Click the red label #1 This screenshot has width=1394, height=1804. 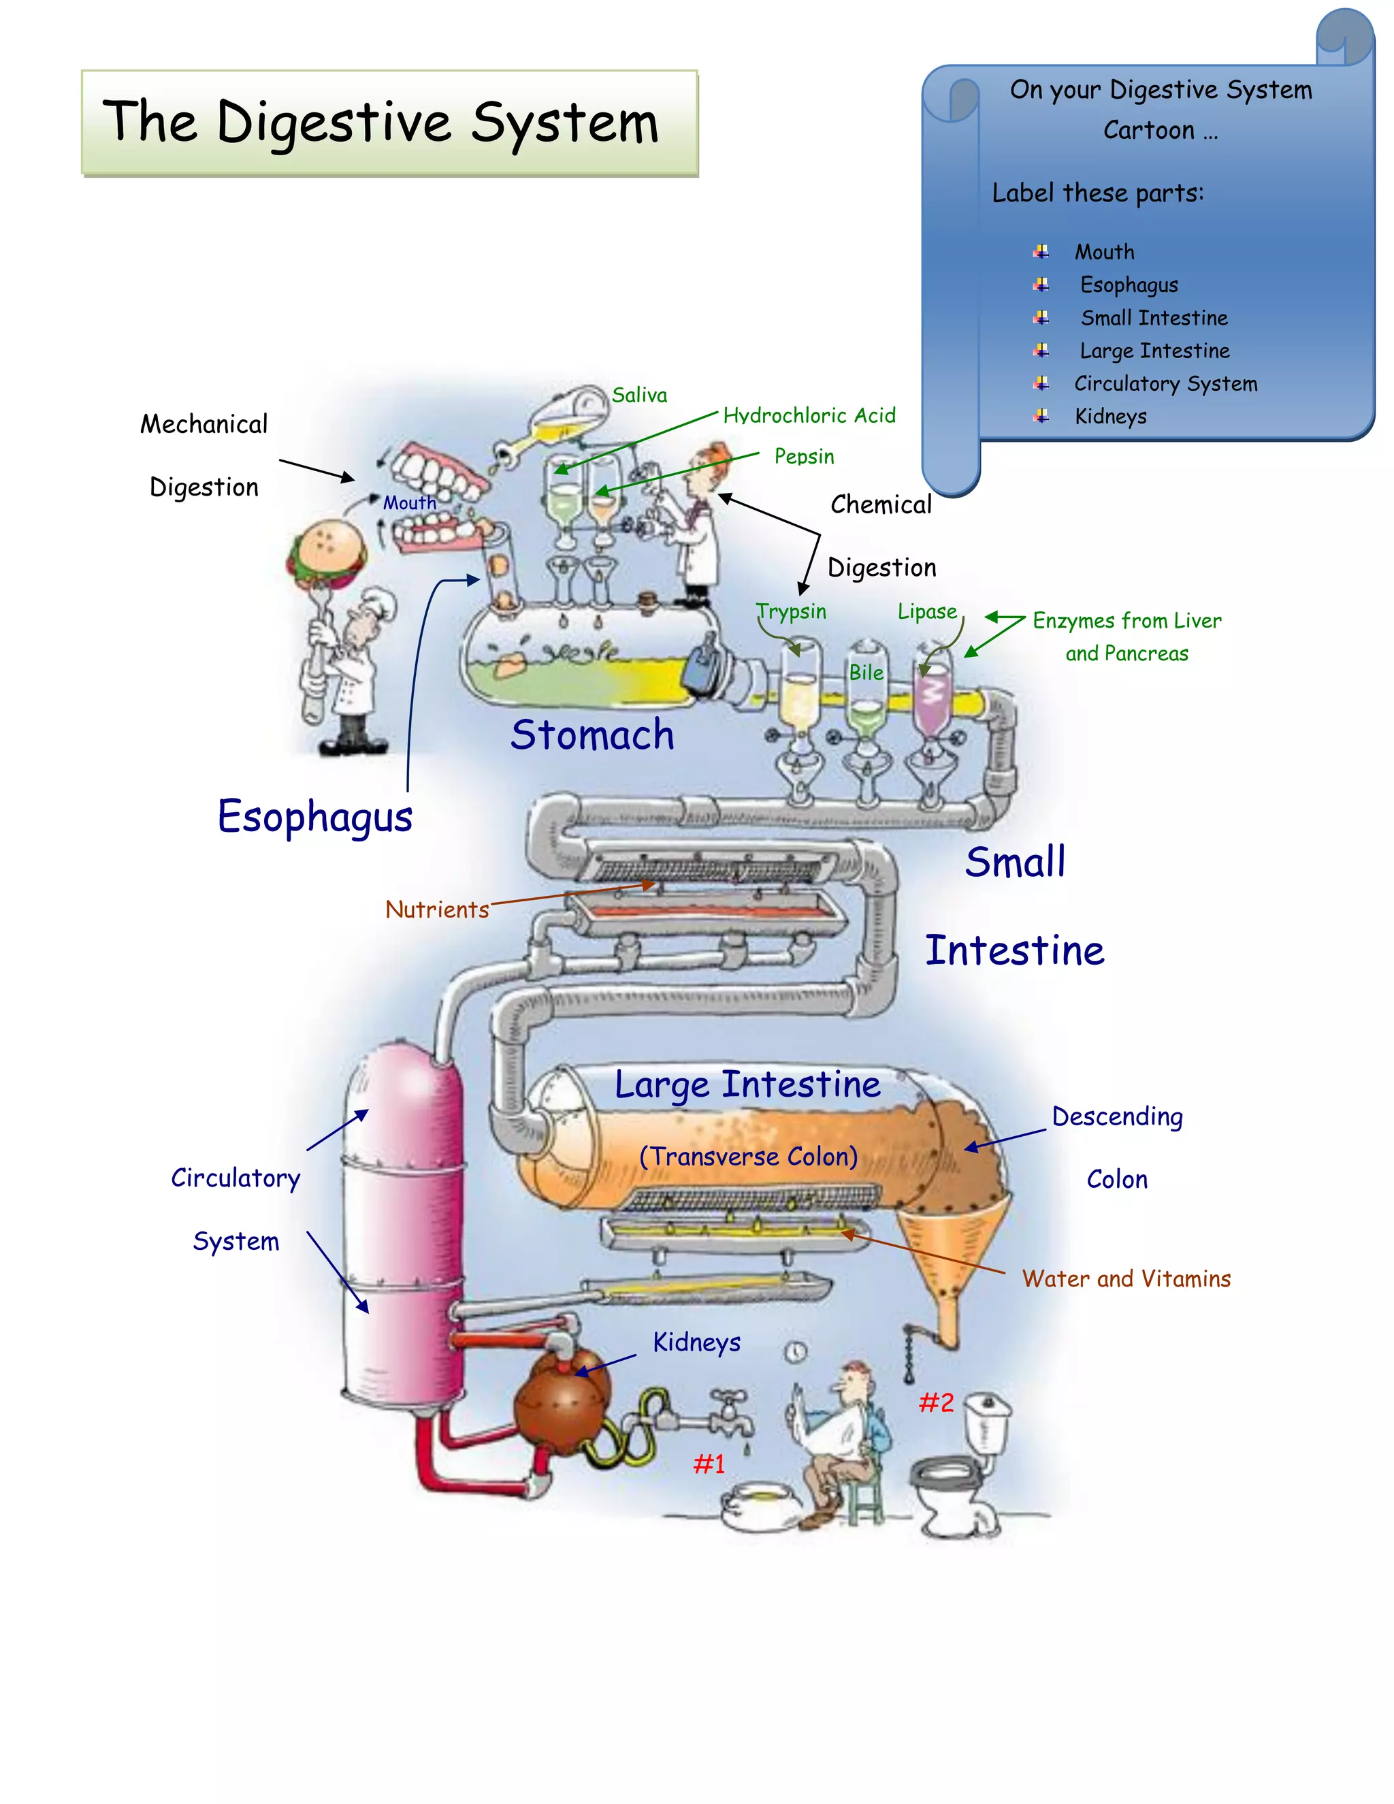tap(709, 1464)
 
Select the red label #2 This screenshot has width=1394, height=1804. tap(937, 1402)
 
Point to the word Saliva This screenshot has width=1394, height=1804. tap(639, 396)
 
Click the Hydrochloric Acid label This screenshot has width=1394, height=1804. tap(809, 415)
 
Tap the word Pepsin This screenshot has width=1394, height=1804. tap(804, 457)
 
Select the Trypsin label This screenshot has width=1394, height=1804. tap(791, 612)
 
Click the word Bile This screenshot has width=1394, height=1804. tap(866, 673)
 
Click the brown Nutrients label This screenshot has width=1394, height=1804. tap(437, 910)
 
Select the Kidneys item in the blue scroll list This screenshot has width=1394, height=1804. tap(1110, 417)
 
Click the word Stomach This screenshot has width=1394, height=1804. tap(592, 735)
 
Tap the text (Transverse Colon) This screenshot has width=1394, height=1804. tap(748, 1157)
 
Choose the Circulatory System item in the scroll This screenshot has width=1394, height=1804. tap(1165, 384)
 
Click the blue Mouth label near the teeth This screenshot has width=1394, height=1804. tap(410, 503)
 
